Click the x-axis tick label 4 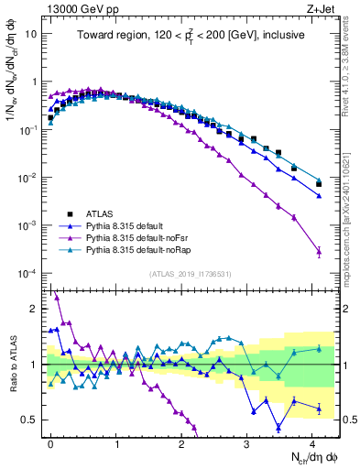pos(312,442)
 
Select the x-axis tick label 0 pos(50,442)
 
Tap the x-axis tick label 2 pos(181,442)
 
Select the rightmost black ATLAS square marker pos(319,184)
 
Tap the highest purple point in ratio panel pos(57,297)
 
